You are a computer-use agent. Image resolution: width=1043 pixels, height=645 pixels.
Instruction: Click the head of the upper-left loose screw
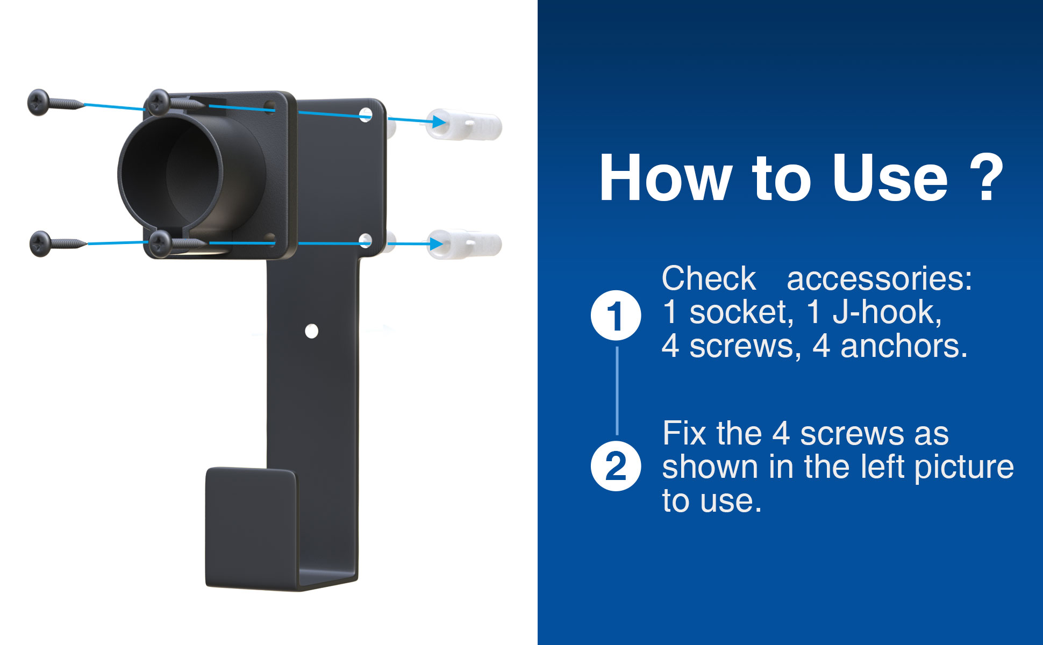(x=39, y=102)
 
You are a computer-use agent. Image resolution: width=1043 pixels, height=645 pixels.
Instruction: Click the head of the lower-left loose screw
(x=41, y=243)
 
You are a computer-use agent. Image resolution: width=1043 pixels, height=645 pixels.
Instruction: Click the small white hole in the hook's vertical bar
(x=311, y=331)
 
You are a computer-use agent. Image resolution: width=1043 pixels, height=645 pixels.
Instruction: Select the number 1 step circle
(x=616, y=316)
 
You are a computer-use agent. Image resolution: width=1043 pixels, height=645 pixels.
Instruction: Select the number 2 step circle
(x=616, y=466)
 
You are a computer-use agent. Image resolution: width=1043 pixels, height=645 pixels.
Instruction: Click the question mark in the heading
(x=987, y=177)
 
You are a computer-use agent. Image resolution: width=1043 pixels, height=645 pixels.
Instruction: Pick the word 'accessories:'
(x=880, y=279)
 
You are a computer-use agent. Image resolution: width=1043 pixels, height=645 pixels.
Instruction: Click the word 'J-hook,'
(x=887, y=312)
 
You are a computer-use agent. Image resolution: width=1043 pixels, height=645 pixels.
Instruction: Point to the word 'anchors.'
(x=904, y=346)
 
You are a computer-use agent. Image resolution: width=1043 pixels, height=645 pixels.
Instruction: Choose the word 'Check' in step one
(x=709, y=278)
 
